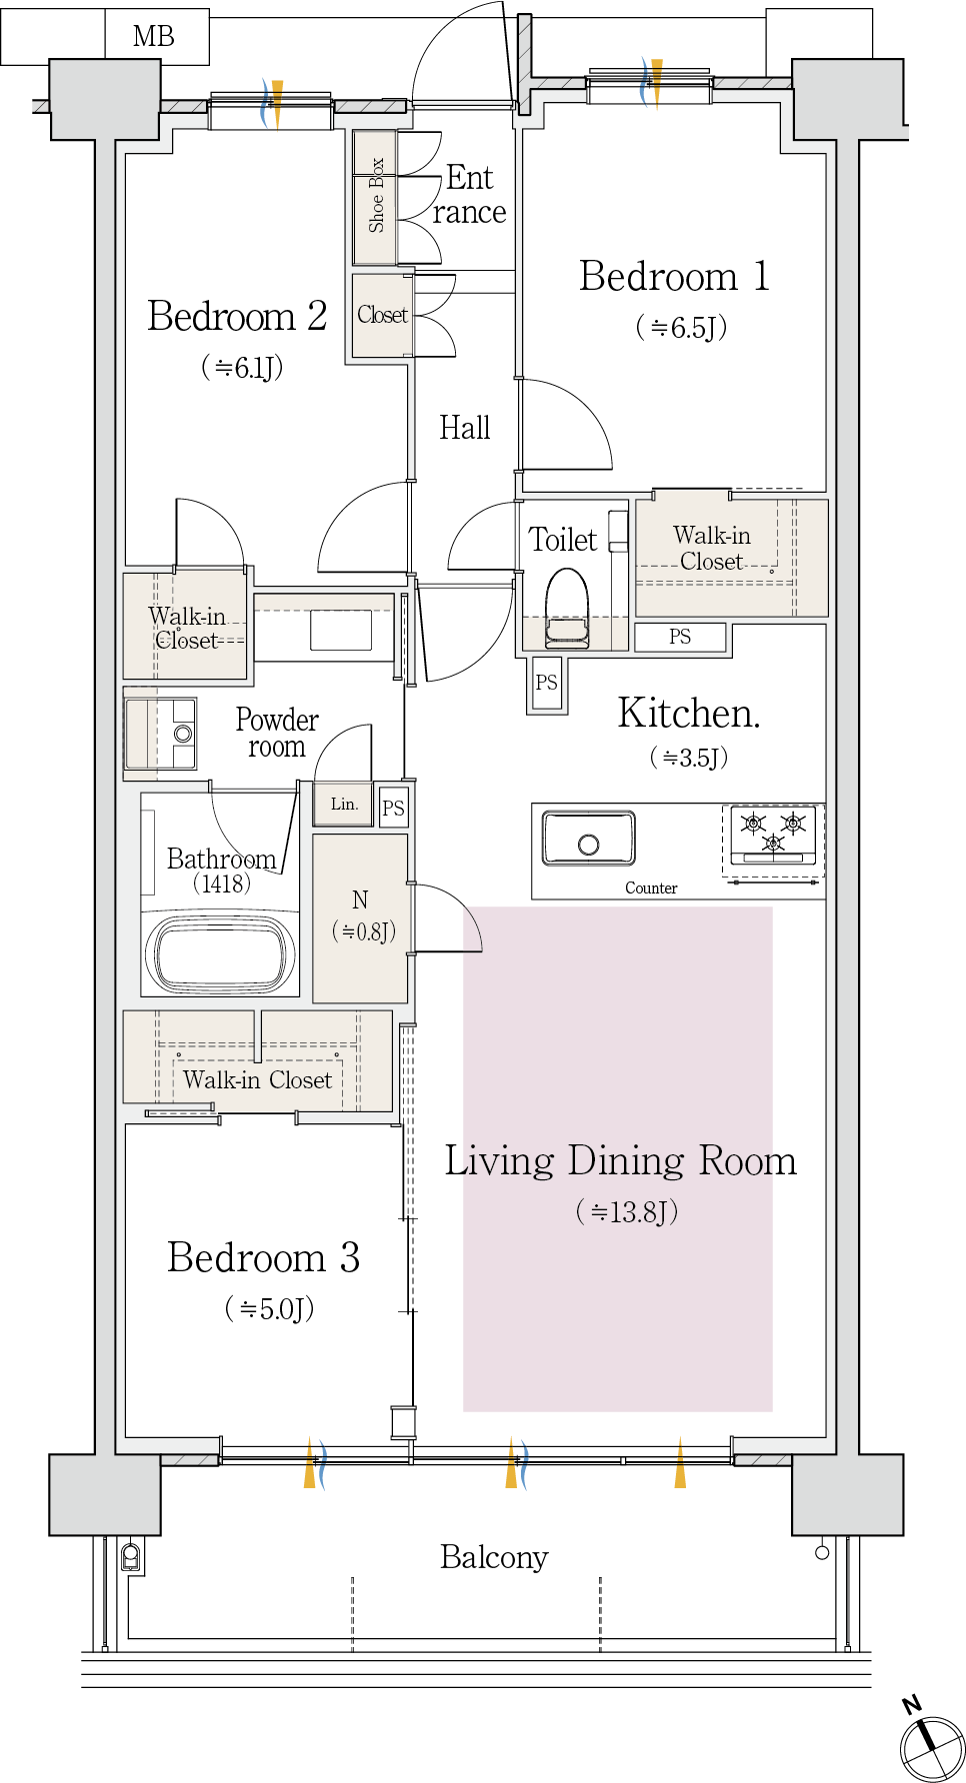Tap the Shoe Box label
pos(376,195)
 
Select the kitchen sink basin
pos(589,838)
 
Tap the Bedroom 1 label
pos(674,276)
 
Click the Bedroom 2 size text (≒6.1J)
pos(242,367)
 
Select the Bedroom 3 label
pos(263,1257)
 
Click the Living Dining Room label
pos(620,1161)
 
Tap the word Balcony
pos(494,1557)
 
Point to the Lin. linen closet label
pos(344,804)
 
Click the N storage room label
pos(361,899)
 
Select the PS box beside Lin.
pos(394,808)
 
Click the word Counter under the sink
pos(651,888)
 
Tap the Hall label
pos(465,428)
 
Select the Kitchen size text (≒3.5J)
pos(689,757)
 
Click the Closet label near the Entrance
pos(383,315)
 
